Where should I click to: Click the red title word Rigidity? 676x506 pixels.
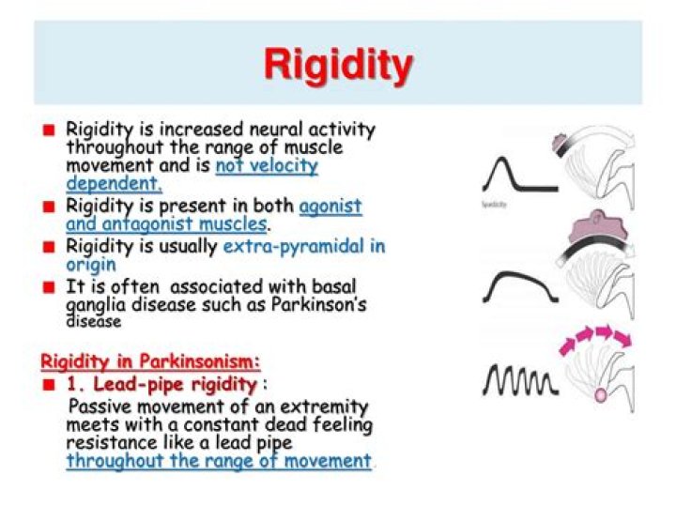[x=337, y=67]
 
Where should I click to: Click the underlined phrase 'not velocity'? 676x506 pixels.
[x=267, y=166]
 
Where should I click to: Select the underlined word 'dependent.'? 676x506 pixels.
[x=114, y=184]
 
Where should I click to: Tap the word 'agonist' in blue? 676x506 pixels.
[x=330, y=207]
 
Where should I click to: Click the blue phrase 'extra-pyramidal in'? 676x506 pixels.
[x=304, y=247]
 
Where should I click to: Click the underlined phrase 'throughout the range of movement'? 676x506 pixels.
[x=218, y=461]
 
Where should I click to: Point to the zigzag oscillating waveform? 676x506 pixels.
[x=515, y=377]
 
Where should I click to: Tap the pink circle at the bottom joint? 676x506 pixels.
[x=601, y=394]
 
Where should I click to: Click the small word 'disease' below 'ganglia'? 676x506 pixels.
[x=94, y=321]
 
